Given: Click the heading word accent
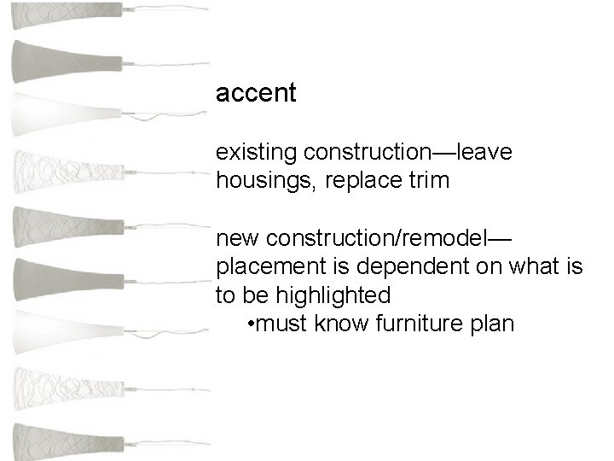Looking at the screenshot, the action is tap(256, 93).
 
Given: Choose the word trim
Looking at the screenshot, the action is tap(424, 182).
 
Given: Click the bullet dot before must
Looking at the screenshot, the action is tap(247, 325).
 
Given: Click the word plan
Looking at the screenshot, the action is tap(493, 325).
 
